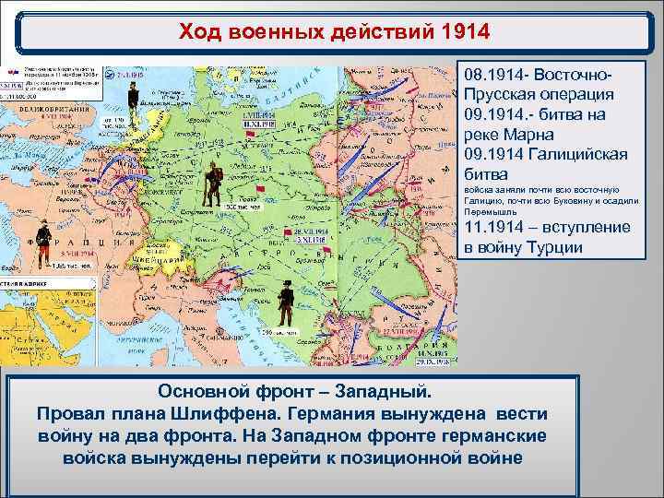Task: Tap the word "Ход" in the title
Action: [x=203, y=33]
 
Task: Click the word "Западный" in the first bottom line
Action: [x=366, y=389]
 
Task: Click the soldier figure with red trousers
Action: [x=42, y=241]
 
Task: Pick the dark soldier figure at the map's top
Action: [x=131, y=91]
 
